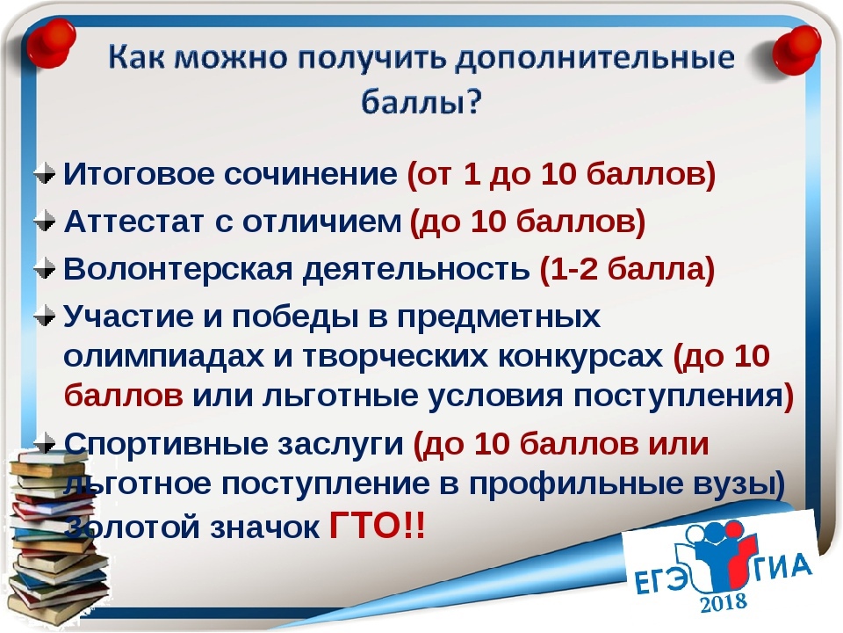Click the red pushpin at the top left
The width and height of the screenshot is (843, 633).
coord(51,43)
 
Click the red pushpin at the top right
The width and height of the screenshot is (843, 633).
coord(796,51)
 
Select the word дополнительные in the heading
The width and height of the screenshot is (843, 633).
coord(595,58)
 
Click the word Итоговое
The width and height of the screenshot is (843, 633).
coord(139,173)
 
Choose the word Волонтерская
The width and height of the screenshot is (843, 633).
coord(178,269)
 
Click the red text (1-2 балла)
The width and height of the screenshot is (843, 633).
coord(627,269)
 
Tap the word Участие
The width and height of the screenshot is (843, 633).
coord(128,316)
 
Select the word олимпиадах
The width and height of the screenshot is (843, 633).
coord(164,356)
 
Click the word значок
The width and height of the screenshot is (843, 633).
coord(264,527)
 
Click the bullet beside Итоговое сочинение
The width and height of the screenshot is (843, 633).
coord(45,173)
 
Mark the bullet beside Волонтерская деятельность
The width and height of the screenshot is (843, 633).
coord(45,269)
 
